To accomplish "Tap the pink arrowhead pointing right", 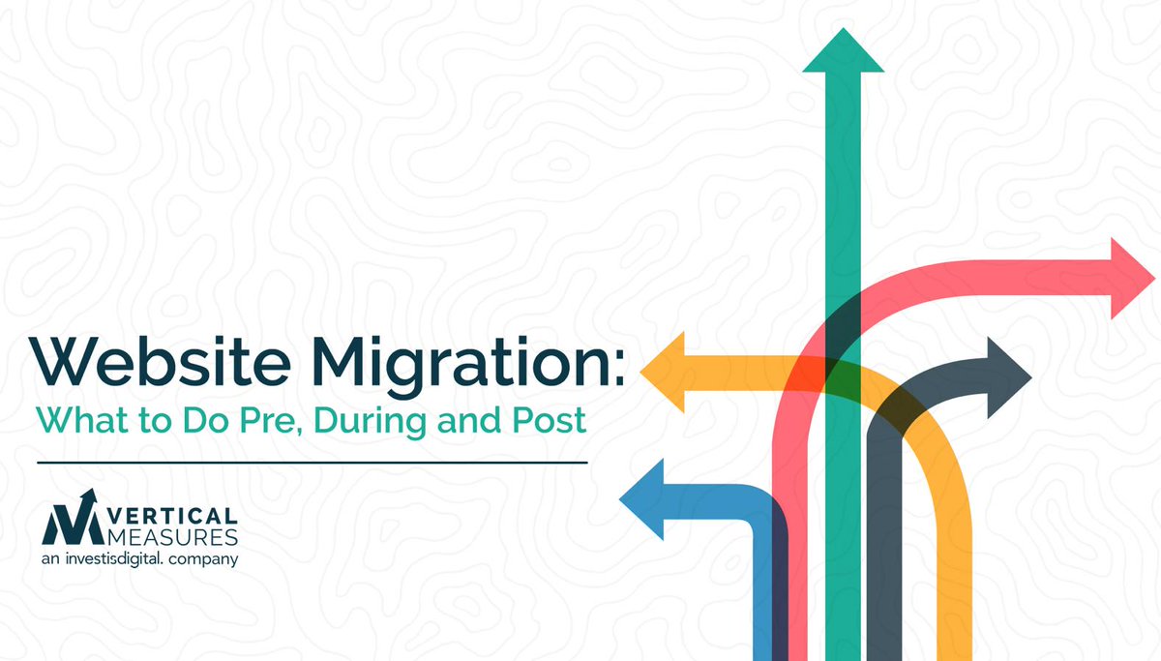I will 1131,278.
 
